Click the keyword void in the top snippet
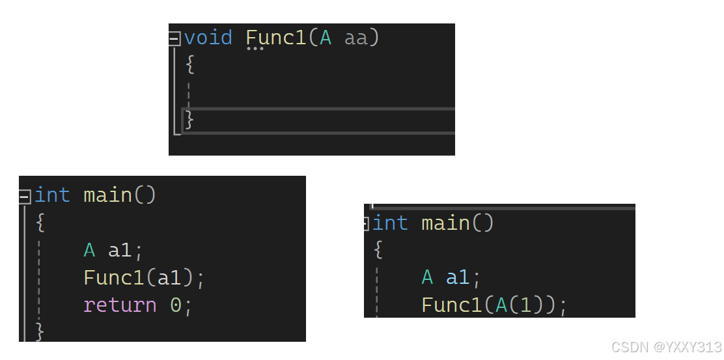pos(208,38)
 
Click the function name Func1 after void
pos(276,38)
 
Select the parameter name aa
pos(356,38)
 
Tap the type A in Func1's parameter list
pos(326,38)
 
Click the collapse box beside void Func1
pos(174,38)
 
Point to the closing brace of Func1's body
pos(189,120)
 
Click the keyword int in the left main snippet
pos(52,195)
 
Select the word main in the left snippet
pos(107,195)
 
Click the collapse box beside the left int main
pos(25,195)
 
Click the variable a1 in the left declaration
pos(120,250)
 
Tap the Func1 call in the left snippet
pos(114,278)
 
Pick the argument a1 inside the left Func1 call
pos(169,278)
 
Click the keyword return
pos(120,305)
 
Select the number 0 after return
pos(175,305)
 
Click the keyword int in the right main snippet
pos(390,223)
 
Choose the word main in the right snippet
pos(445,223)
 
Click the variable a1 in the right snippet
pos(458,278)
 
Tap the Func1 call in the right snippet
pos(452,305)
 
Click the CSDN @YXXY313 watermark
pos(667,346)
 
